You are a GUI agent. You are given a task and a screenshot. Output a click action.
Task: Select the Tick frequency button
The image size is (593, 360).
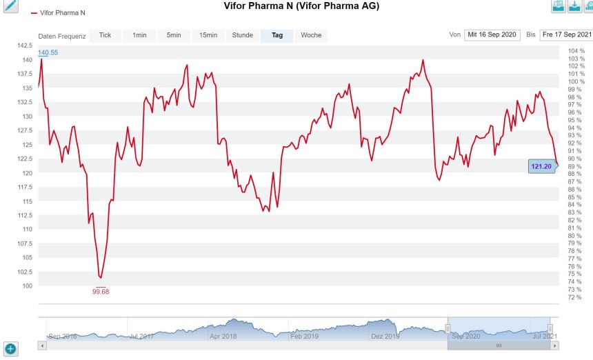[x=105, y=35]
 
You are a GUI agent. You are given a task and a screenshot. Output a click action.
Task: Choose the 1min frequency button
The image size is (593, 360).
[x=139, y=35]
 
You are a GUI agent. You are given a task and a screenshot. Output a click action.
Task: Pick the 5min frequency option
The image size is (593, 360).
[x=174, y=35]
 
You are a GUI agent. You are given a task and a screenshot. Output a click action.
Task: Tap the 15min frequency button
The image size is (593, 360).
[x=208, y=35]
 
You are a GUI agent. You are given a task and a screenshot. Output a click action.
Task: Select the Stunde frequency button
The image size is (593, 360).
[x=243, y=35]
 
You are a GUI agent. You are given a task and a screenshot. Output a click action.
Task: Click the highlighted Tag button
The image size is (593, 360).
[x=277, y=35]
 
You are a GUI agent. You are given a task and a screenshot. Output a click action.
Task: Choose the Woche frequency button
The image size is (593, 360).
[x=311, y=35]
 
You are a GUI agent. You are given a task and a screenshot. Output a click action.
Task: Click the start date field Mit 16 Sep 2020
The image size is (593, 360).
[x=492, y=34]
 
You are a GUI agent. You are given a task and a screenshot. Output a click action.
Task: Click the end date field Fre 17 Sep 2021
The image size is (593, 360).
[x=567, y=34]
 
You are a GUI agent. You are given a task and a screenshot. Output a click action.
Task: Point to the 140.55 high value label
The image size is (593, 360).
[x=48, y=53]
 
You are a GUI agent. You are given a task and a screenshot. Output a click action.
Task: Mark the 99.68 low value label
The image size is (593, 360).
[x=101, y=292]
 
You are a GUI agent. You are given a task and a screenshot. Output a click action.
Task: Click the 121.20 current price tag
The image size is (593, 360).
[x=541, y=166]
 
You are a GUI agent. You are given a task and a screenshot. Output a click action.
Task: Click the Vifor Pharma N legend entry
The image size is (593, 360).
[x=58, y=13]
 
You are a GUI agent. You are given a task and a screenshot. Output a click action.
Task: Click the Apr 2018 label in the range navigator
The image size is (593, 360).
[x=223, y=337]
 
